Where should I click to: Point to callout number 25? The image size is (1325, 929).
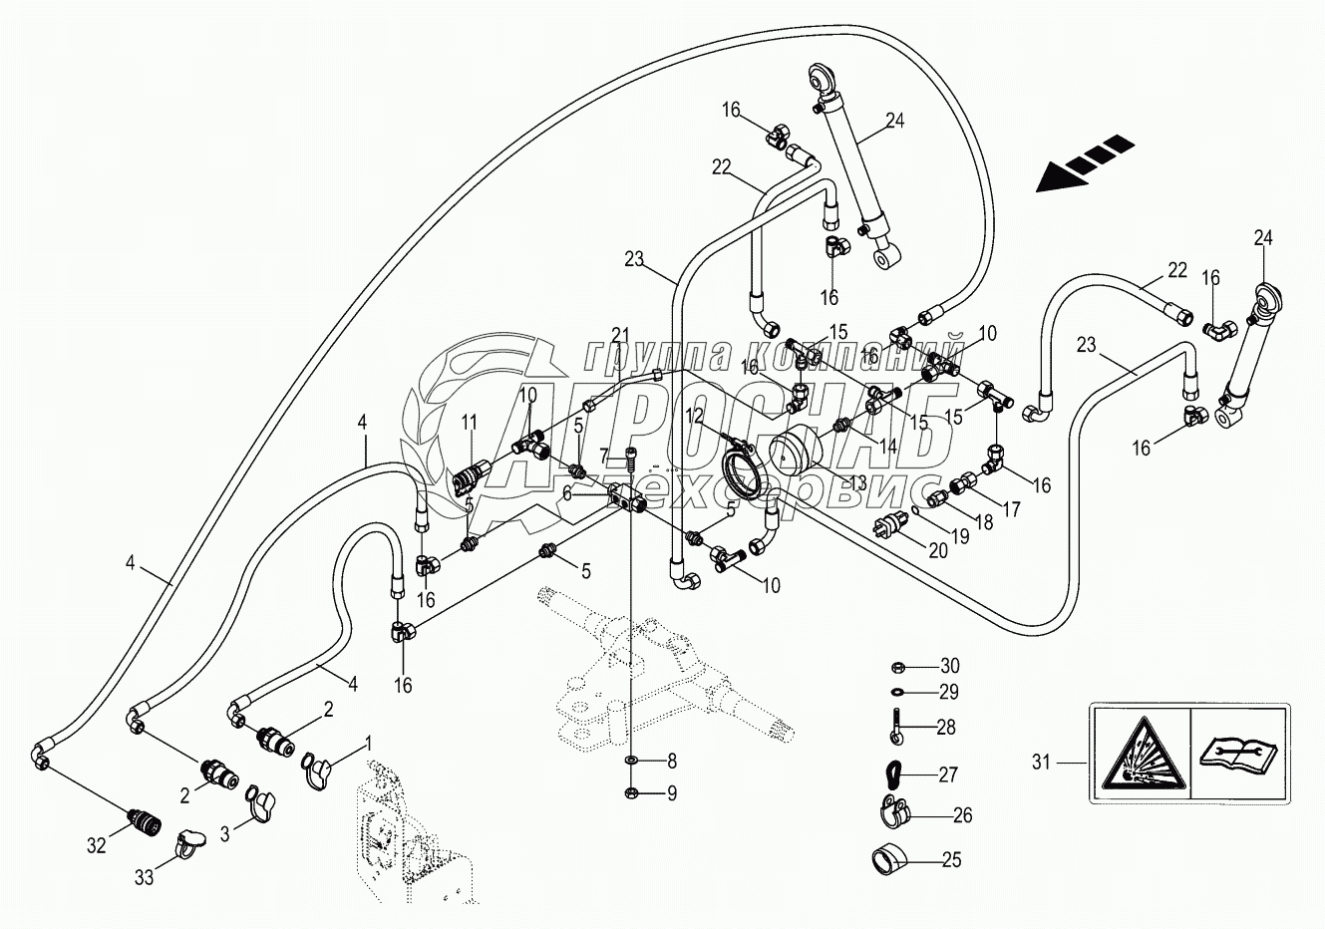(951, 859)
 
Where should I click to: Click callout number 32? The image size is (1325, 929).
(96, 845)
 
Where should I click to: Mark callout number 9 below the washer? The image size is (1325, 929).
(671, 794)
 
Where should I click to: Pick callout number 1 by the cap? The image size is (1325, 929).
(368, 742)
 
